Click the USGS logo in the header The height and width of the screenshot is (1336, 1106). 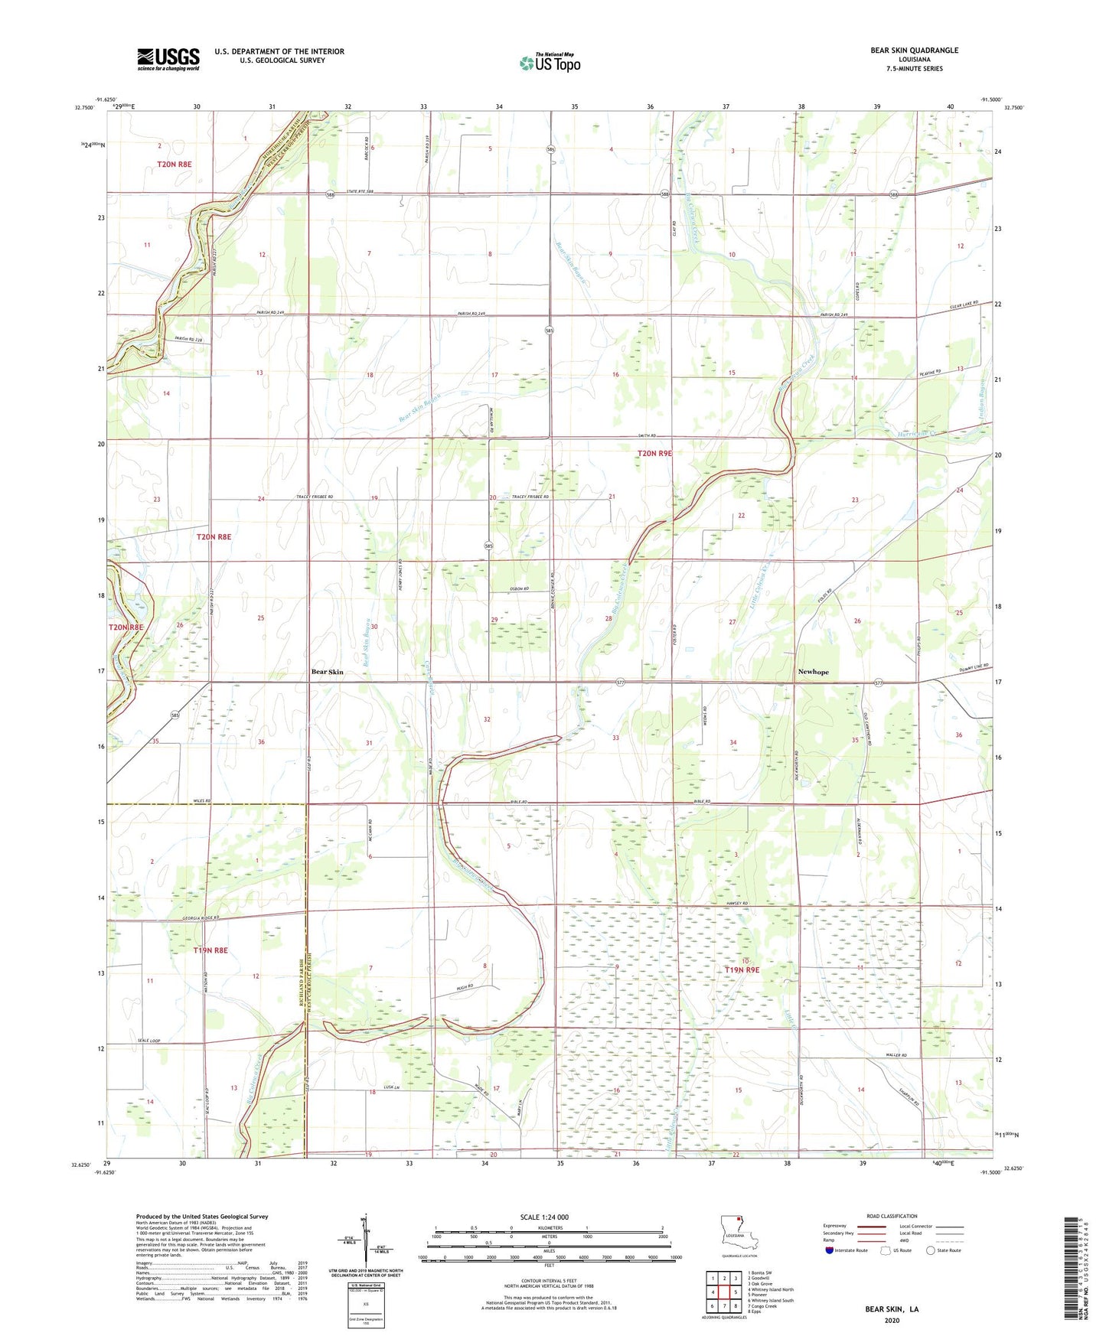[x=168, y=59]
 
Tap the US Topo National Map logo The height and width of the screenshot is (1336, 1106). [x=550, y=63]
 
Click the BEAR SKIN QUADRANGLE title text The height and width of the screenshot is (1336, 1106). [x=914, y=51]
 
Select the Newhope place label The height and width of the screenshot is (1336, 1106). [x=813, y=672]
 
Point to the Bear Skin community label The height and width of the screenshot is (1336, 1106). [x=327, y=672]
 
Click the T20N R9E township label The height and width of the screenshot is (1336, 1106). [x=654, y=454]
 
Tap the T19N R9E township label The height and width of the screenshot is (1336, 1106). [x=742, y=970]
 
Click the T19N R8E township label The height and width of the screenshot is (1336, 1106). [x=210, y=950]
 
